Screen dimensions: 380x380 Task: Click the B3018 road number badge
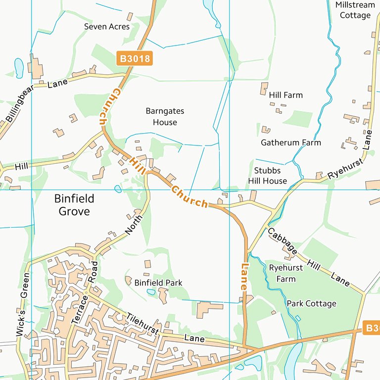pos(134,58)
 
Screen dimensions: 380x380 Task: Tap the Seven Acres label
pos(107,26)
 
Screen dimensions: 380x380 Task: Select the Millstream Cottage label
pos(355,10)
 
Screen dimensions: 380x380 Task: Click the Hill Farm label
pos(286,95)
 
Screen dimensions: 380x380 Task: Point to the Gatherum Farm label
pos(291,142)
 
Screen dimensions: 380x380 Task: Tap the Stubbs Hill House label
pos(267,176)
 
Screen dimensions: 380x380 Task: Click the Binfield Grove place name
pos(74,205)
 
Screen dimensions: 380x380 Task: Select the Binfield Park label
pos(158,283)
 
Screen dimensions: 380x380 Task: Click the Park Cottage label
pos(311,303)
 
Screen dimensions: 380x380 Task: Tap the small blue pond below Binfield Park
pos(151,292)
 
